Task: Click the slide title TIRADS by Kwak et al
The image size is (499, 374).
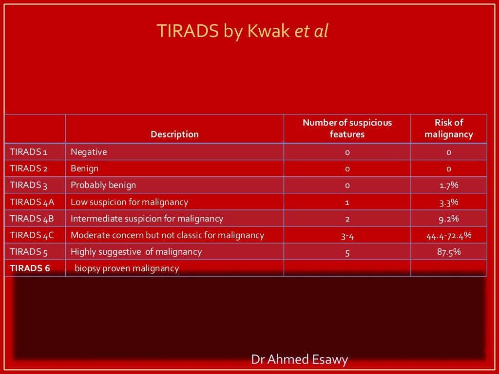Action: [x=243, y=31]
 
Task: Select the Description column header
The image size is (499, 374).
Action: [x=174, y=134]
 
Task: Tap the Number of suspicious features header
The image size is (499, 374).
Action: [x=347, y=129]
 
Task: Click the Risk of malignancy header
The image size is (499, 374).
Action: [x=448, y=129]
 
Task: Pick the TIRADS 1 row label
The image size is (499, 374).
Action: [x=28, y=152]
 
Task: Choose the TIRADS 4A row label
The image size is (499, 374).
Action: [x=32, y=202]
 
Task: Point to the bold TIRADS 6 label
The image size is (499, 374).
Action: [x=30, y=268]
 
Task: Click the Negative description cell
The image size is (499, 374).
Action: [x=89, y=152]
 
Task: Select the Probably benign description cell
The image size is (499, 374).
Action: [x=103, y=185]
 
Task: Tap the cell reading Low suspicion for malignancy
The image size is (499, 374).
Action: [x=129, y=202]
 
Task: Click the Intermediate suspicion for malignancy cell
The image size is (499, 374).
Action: [x=147, y=219]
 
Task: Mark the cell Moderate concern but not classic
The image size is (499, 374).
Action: [x=167, y=235]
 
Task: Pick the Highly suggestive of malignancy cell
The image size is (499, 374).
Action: [x=136, y=252]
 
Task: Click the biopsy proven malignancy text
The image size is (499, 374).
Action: [x=127, y=268]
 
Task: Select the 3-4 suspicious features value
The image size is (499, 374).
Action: [x=347, y=236]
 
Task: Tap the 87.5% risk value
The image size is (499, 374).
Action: [x=449, y=252]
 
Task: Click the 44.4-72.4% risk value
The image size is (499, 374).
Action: [x=449, y=236]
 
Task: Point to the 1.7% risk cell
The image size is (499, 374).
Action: [x=449, y=186]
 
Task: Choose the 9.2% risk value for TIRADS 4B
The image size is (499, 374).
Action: [x=449, y=219]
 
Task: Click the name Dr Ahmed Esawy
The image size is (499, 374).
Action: [x=300, y=360]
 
